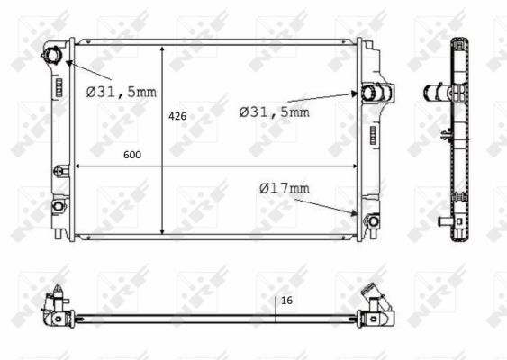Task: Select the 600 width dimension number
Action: (x=132, y=155)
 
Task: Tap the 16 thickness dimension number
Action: (x=287, y=301)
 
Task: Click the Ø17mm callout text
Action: (x=284, y=188)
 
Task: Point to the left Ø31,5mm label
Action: (x=121, y=91)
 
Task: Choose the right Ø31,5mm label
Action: (x=274, y=112)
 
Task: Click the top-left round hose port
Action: (x=50, y=57)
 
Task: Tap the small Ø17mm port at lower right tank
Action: (x=368, y=219)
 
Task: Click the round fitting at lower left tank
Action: (x=59, y=206)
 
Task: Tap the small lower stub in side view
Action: (x=442, y=220)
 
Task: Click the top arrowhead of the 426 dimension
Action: (x=162, y=45)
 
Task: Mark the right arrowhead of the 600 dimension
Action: (x=353, y=166)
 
